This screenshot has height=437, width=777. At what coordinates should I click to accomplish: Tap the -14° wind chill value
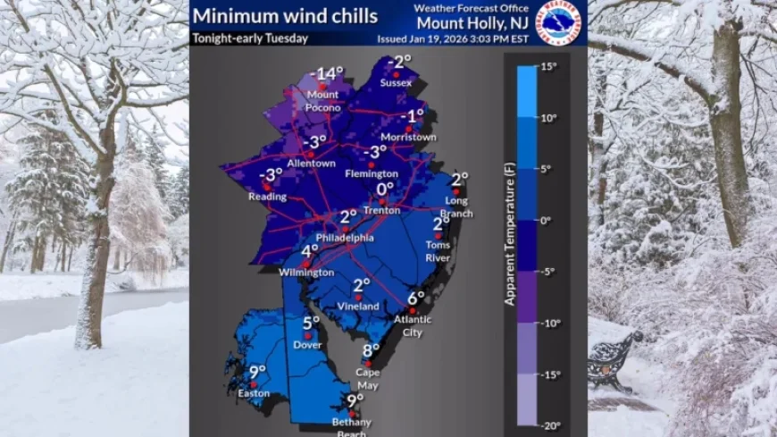pyautogui.click(x=327, y=73)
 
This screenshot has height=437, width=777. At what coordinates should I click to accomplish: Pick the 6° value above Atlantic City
pyautogui.click(x=416, y=298)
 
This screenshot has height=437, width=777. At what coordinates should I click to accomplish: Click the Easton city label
pyautogui.click(x=254, y=392)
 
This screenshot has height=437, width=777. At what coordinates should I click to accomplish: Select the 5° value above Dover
pyautogui.click(x=310, y=324)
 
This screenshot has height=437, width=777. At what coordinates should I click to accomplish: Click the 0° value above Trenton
pyautogui.click(x=385, y=189)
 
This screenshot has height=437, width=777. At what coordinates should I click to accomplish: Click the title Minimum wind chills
pyautogui.click(x=286, y=16)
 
